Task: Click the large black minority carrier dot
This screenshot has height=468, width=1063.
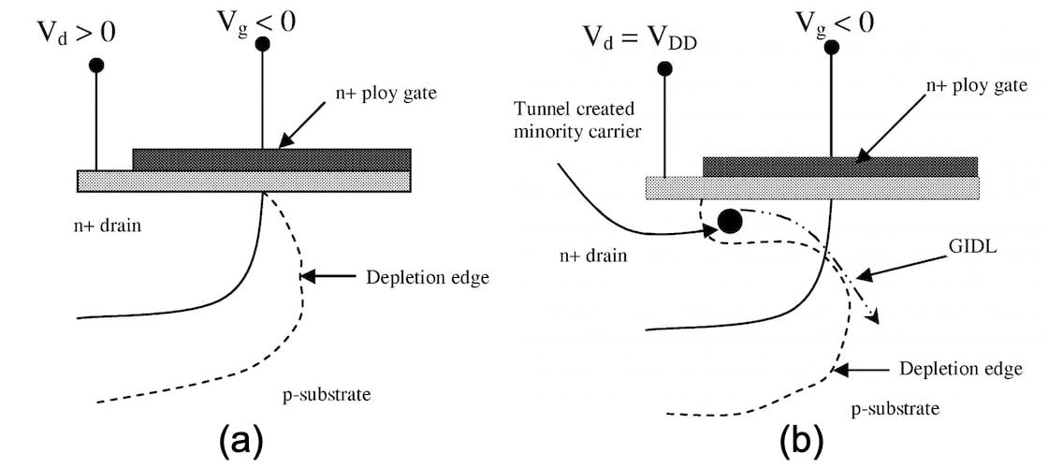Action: click(729, 222)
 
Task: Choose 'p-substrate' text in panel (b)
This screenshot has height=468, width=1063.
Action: click(896, 409)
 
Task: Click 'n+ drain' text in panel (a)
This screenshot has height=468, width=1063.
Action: click(110, 227)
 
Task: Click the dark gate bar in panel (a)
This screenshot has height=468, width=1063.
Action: click(271, 158)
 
